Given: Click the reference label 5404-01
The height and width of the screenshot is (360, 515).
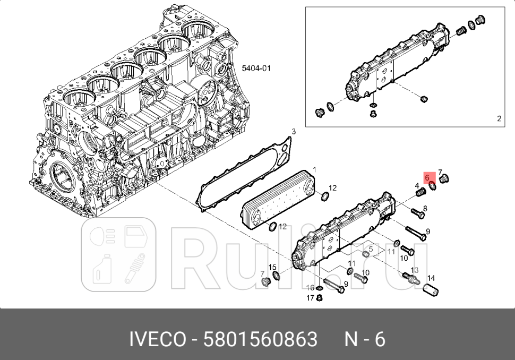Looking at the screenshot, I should [256, 68].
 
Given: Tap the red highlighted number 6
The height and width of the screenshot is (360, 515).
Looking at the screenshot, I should [427, 177].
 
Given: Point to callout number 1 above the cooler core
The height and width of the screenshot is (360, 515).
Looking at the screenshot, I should [314, 170].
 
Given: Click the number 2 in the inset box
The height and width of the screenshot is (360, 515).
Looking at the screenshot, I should [499, 118].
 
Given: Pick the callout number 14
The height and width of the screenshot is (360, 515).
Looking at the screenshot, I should [431, 278].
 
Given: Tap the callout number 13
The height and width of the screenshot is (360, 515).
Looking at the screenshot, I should [415, 270].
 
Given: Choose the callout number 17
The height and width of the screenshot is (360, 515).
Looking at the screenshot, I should [311, 298].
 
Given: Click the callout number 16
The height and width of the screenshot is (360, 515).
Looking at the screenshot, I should [311, 288].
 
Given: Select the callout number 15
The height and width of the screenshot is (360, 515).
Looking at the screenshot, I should [272, 267].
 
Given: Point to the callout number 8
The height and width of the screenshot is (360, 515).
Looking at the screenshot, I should [424, 195].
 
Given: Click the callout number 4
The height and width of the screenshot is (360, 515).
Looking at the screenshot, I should [417, 185].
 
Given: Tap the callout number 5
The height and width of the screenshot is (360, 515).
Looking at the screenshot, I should [371, 248].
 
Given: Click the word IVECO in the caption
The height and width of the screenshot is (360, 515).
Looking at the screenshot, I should [158, 339].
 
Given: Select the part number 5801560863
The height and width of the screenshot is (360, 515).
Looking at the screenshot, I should [261, 339].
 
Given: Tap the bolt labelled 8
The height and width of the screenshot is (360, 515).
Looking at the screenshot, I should [417, 213].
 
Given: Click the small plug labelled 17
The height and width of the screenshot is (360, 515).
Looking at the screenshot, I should [319, 298].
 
